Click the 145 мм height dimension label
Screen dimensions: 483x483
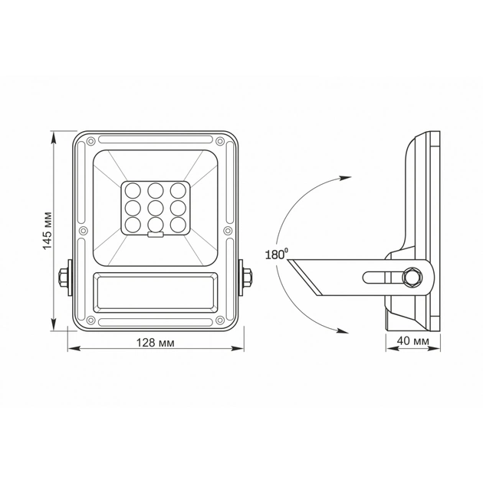(48, 229)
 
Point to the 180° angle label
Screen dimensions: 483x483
(275, 255)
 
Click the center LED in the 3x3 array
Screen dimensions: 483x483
(155, 207)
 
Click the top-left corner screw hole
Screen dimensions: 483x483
(90, 141)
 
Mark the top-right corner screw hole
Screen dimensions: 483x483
(219, 141)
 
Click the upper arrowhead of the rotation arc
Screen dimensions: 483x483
(340, 177)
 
